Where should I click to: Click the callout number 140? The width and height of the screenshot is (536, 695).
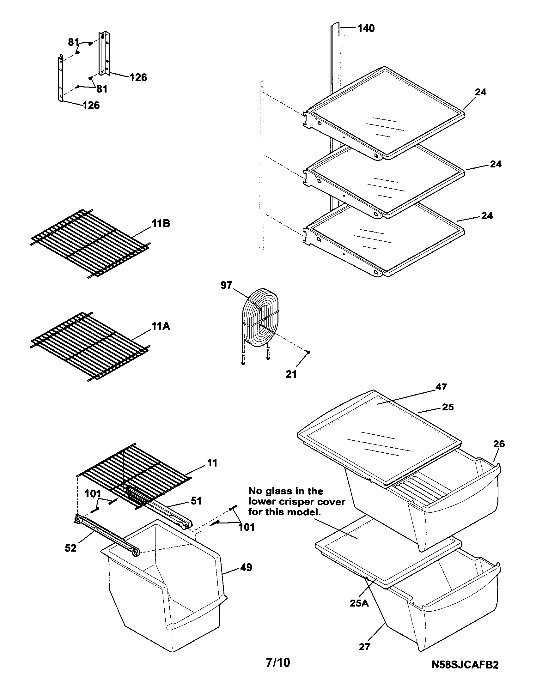pyautogui.click(x=366, y=28)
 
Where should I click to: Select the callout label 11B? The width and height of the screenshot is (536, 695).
pyautogui.click(x=161, y=224)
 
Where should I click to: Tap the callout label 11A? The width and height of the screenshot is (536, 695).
pyautogui.click(x=161, y=326)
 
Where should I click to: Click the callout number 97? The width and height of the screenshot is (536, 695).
pyautogui.click(x=226, y=286)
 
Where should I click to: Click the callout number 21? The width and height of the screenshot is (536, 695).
pyautogui.click(x=291, y=374)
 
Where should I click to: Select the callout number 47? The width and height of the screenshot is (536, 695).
pyautogui.click(x=441, y=387)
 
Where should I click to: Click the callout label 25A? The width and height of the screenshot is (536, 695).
pyautogui.click(x=359, y=603)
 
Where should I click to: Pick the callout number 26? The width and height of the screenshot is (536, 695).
pyautogui.click(x=499, y=444)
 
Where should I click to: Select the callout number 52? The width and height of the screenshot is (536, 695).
pyautogui.click(x=71, y=548)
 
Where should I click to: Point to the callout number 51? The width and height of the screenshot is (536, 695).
pyautogui.click(x=196, y=501)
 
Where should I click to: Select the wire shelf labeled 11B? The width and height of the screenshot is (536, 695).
pyautogui.click(x=91, y=244)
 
